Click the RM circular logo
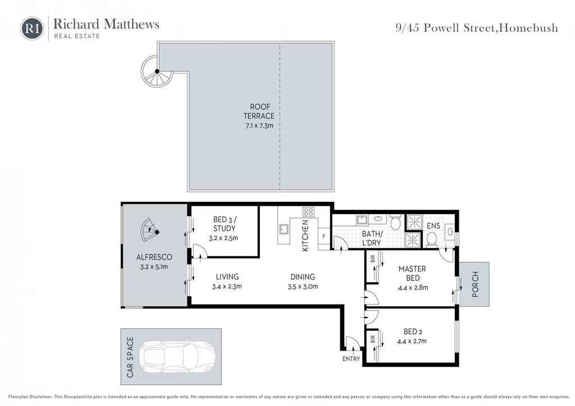32,28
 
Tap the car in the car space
178,357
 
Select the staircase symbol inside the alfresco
150,230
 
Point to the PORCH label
475,284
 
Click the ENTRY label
351,359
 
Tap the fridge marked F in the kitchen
324,237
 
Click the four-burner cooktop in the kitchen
308,211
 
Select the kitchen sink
284,229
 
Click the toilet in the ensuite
432,241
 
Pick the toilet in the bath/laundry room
395,223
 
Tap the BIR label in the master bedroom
373,259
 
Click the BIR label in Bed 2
373,339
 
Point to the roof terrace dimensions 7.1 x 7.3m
259,126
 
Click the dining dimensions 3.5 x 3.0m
303,287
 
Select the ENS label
433,226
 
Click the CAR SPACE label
130,357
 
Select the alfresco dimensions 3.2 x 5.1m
154,267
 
